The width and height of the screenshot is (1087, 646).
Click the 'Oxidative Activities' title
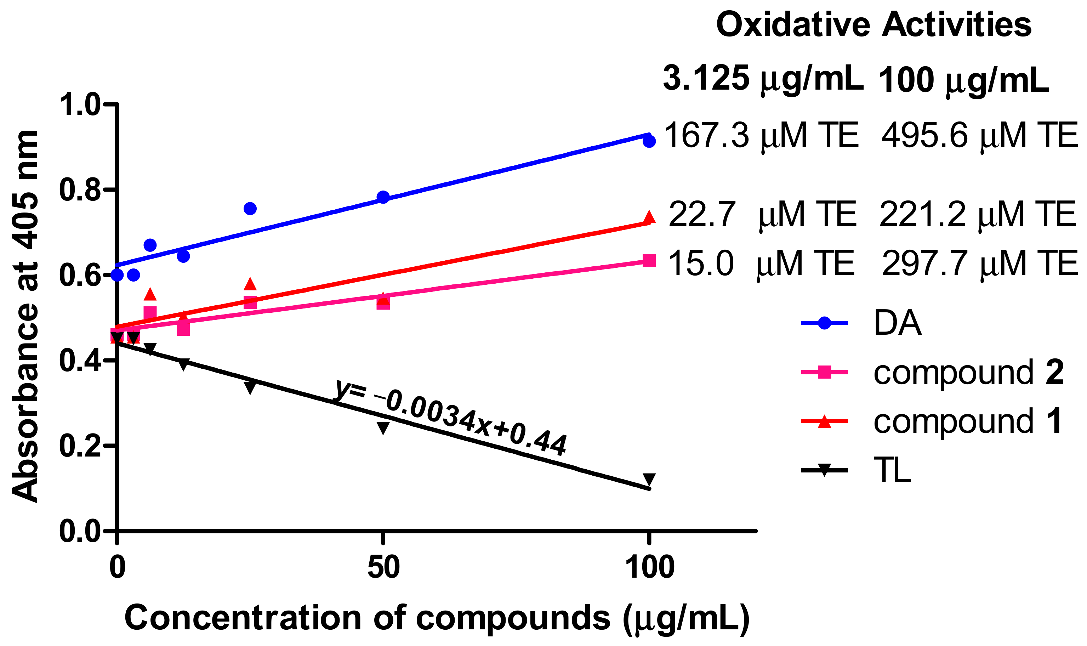[874, 25]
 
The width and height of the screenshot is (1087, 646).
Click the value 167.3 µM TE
[761, 135]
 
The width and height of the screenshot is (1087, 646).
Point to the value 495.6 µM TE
[979, 135]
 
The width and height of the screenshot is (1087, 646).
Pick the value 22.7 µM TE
[762, 215]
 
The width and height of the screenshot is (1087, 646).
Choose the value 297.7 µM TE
[979, 264]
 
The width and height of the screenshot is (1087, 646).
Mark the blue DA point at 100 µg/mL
[649, 141]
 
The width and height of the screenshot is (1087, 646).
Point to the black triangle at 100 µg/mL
[649, 479]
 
